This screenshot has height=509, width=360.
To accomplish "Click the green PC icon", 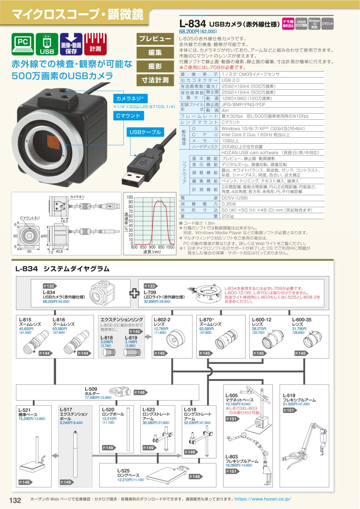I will tap(23, 44).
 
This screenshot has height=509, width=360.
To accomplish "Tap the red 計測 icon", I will tap(95, 44).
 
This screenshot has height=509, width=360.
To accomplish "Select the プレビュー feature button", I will tap(155, 39).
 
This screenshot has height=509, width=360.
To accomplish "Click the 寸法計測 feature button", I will tap(155, 80).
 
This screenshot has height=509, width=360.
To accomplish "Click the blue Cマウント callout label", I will tap(128, 116).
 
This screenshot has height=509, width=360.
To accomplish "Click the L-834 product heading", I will tap(193, 25).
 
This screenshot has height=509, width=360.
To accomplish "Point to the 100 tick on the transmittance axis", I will tap(130, 198).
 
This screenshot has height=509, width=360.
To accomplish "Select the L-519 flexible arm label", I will tap(298, 397).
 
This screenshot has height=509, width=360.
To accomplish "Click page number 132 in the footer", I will tap(15, 500).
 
